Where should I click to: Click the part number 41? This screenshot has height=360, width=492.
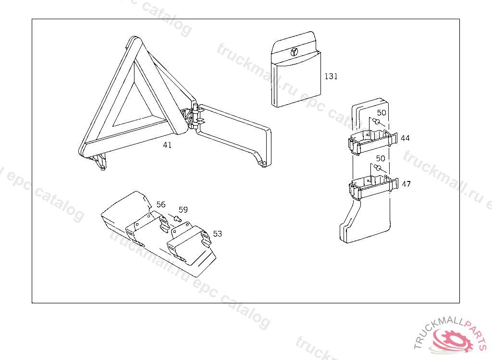click(167, 145)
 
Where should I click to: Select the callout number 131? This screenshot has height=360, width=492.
click(331, 76)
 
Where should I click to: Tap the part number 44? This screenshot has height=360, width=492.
click(405, 138)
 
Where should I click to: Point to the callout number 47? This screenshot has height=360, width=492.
click(406, 184)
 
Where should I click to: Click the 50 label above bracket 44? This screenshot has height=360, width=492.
click(381, 113)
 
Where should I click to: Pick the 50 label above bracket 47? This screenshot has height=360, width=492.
click(381, 158)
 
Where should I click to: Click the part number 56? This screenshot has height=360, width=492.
click(161, 204)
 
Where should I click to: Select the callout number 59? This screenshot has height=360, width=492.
click(183, 209)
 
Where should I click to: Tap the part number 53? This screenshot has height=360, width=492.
click(218, 234)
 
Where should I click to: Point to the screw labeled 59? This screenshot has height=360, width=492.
click(177, 218)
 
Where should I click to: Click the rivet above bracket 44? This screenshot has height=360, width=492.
click(377, 121)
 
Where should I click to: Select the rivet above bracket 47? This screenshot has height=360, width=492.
click(378, 168)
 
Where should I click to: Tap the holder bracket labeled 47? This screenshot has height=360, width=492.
click(373, 188)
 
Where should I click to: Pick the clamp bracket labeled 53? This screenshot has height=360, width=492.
click(189, 241)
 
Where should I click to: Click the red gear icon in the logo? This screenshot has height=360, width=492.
click(453, 339)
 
